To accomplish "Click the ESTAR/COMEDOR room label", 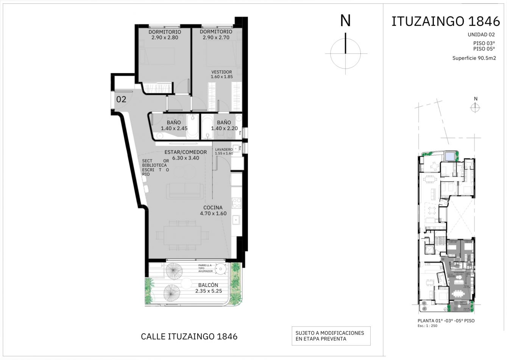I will pos(186,152).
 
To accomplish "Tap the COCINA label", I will pos(213,208).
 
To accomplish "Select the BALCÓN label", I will pos(208,285).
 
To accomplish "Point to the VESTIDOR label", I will pos(222,72).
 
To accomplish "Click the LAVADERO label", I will pos(224,150).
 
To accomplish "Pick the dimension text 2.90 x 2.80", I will pos(164,38).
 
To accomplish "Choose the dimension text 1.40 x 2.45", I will pos(174,128).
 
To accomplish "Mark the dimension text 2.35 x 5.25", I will pos(209,291).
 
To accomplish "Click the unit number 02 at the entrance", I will pos(121,100).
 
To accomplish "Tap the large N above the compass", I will pos(345,21).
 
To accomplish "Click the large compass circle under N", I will pos(345,53).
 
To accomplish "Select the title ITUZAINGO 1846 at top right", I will pos(446,22).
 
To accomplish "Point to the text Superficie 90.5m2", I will pos(474,58).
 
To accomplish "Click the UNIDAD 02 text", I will pos(481,34).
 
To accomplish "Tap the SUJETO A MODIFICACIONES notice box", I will pos(331,336).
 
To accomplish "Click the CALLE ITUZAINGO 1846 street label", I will pos(189,337).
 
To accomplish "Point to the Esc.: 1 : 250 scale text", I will pos(427,326).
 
